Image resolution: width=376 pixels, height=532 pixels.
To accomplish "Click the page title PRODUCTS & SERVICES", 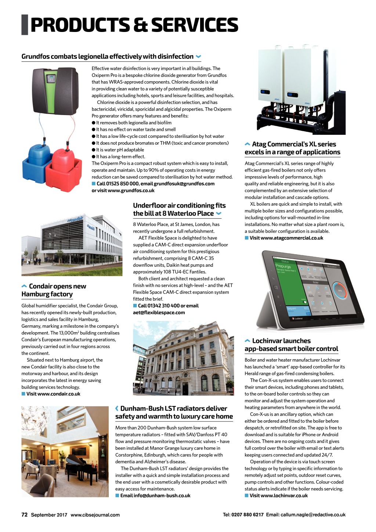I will click(x=134, y=25).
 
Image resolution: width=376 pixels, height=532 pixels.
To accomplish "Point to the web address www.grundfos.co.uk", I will click(x=131, y=191).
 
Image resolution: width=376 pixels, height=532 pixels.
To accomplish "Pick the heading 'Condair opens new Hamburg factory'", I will click(x=54, y=290).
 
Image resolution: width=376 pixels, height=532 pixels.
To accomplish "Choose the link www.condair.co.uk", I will click(x=53, y=394).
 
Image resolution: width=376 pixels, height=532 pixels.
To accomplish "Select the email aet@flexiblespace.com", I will click(x=159, y=313).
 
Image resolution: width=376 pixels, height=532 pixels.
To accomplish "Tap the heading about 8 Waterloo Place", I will click(x=179, y=209).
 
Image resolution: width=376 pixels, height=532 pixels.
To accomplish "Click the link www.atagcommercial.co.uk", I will click(x=286, y=238).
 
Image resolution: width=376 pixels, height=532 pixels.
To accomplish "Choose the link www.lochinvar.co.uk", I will click(x=279, y=496).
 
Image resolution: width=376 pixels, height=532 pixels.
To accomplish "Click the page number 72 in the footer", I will click(x=24, y=515).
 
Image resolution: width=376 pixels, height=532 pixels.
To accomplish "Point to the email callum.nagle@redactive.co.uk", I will click(x=313, y=515).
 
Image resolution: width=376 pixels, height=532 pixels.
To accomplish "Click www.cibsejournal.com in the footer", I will click(x=95, y=515).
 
